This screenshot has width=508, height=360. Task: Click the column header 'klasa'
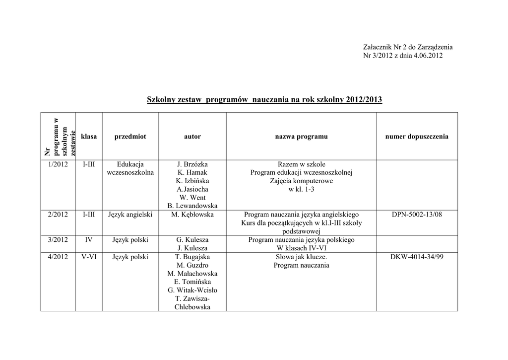[89, 137]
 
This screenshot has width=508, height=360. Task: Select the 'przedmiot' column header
[130, 137]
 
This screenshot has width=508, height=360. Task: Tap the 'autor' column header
[192, 137]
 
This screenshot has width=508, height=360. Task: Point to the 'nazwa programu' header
[301, 137]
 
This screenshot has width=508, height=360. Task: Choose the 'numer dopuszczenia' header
[417, 137]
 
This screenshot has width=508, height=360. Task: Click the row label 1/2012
[58, 164]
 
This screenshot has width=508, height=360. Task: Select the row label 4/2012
[58, 257]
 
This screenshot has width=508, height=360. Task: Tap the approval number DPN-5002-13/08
[417, 215]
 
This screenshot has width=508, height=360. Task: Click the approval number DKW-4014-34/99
[417, 257]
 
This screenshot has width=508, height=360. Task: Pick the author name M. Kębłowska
[192, 215]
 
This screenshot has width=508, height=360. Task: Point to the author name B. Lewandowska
[192, 206]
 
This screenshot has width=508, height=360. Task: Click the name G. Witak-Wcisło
[192, 290]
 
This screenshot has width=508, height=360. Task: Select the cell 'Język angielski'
[130, 215]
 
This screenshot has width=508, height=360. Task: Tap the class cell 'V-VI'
[89, 257]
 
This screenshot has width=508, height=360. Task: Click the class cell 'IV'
[89, 240]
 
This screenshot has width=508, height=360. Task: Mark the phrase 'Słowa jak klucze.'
[301, 257]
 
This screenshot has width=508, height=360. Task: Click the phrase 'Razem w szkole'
[301, 164]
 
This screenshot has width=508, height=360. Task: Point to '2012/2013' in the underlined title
[365, 100]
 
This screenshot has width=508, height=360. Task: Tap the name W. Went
[192, 198]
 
